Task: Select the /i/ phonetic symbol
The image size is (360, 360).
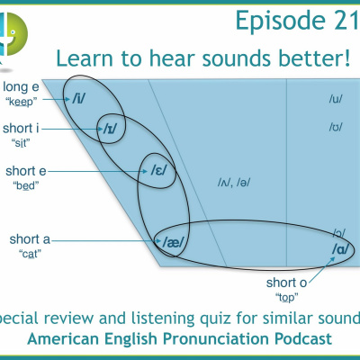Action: point(78,96)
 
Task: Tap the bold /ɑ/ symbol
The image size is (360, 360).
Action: point(340,248)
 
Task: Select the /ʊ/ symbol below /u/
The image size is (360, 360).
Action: point(336,127)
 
